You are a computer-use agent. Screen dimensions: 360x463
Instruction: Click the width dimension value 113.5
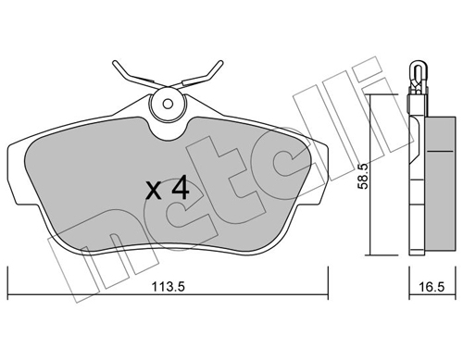pos(168,285)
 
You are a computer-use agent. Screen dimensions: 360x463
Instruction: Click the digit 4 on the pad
pos(180,189)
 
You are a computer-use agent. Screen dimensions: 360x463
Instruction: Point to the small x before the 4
pos(155,192)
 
